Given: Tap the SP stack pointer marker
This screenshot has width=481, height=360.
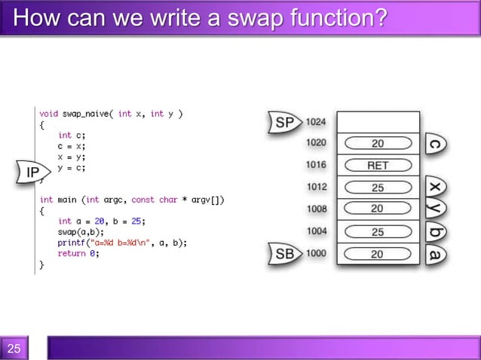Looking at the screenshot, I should (283, 122).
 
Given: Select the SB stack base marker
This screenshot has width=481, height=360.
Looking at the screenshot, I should (283, 255).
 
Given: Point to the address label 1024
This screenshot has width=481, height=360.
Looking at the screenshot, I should (316, 122).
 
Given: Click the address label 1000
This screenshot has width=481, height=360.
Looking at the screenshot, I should (316, 254).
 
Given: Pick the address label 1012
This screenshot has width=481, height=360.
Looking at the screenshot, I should (316, 188).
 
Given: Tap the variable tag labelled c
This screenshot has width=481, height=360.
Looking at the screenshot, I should (435, 143).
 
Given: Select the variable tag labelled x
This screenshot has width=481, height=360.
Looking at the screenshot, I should (435, 187).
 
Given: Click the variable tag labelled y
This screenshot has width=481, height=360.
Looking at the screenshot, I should (435, 209).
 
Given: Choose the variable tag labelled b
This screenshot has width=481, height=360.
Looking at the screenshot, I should (435, 231).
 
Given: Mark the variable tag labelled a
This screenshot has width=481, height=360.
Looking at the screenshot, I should (435, 254).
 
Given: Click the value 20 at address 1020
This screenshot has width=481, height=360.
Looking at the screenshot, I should (377, 143).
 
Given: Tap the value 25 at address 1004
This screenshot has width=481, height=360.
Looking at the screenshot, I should (377, 232).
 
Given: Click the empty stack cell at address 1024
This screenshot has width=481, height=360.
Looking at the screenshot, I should (377, 122).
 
